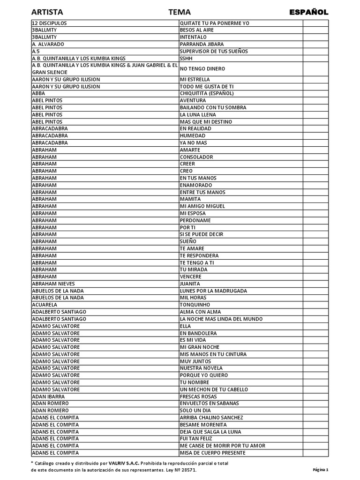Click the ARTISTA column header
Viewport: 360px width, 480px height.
click(x=47, y=12)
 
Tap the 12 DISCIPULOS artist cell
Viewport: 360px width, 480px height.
click(x=49, y=23)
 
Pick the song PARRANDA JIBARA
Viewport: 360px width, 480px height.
click(x=202, y=44)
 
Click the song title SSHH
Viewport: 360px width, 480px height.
click(x=186, y=58)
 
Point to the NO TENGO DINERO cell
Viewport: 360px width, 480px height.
click(x=202, y=69)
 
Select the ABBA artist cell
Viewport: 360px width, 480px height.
click(x=38, y=93)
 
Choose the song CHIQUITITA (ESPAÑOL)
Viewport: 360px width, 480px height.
click(x=207, y=93)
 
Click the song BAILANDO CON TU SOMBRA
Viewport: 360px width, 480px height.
click(x=213, y=107)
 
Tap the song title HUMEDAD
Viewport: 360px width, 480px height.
click(x=192, y=135)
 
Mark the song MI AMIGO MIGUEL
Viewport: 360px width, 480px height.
click(x=202, y=206)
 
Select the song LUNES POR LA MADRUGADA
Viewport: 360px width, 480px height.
click(x=213, y=291)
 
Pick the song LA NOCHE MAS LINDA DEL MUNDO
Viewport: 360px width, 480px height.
click(x=221, y=319)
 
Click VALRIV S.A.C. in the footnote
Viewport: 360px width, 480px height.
click(x=124, y=463)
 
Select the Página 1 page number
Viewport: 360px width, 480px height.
click(x=321, y=469)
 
